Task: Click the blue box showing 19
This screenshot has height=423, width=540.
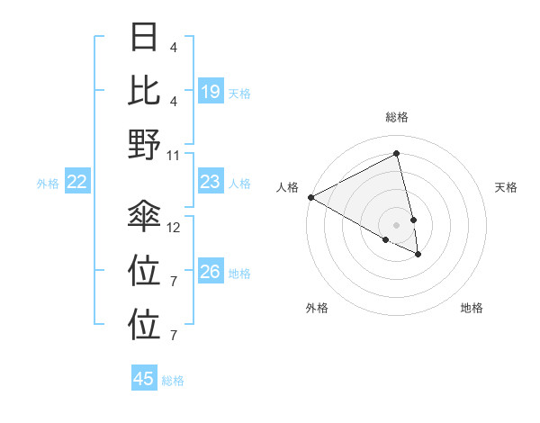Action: [210, 92]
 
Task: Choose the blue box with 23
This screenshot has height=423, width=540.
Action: [210, 182]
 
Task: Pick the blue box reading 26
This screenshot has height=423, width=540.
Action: [210, 272]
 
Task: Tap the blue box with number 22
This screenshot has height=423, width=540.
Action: [77, 183]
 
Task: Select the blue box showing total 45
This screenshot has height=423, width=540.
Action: [144, 379]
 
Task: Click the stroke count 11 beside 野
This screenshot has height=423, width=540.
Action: [174, 155]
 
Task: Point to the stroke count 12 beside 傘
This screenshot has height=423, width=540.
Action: [174, 227]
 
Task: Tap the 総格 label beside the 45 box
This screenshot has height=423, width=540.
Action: [173, 381]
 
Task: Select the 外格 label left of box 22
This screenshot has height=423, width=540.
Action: [48, 184]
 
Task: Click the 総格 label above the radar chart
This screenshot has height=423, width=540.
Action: [397, 117]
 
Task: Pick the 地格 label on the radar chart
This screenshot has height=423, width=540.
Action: [472, 308]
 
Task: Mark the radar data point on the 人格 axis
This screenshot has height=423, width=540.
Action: [310, 196]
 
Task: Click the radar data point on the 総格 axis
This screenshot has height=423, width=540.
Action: [397, 154]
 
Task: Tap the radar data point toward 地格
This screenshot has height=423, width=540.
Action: [418, 255]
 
